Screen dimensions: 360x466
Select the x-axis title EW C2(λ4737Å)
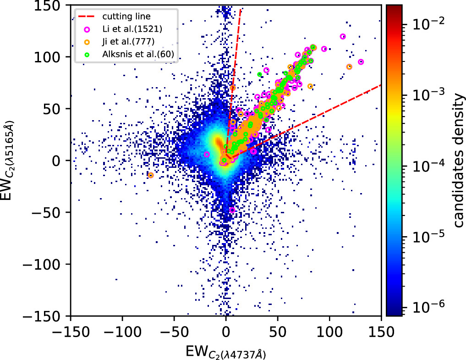pyautogui.click(x=226, y=352)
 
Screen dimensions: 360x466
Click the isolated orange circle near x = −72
pyautogui.click(x=151, y=175)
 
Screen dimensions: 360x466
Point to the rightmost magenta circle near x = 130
pyautogui.click(x=361, y=62)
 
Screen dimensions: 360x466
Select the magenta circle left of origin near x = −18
pyautogui.click(x=207, y=155)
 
